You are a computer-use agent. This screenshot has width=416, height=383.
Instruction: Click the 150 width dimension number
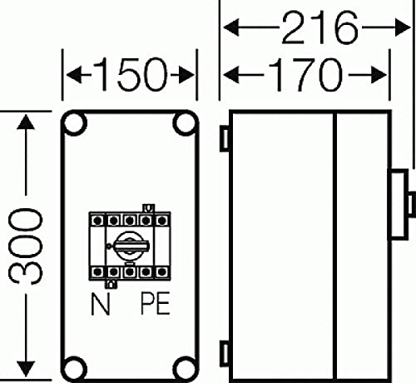point(129,77)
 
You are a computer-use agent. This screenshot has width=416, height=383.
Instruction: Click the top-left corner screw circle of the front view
point(75,125)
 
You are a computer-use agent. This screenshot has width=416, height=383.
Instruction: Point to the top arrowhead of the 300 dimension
point(30,121)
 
